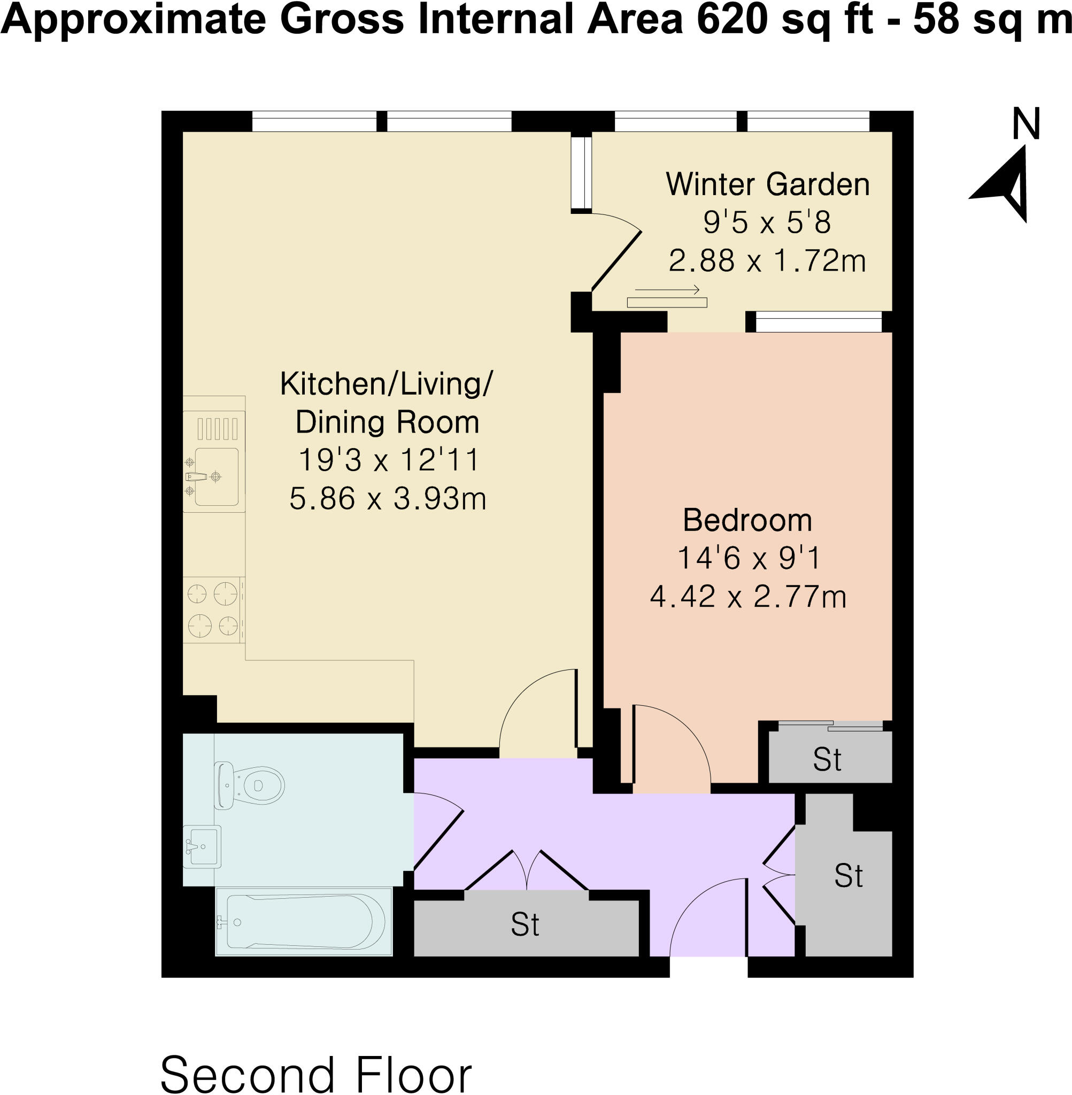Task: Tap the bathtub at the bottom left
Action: (304, 922)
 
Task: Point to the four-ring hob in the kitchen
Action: (213, 610)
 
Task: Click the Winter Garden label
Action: (767, 184)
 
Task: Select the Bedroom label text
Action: (747, 521)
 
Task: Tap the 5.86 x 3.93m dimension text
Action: (387, 499)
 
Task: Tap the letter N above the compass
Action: (1025, 125)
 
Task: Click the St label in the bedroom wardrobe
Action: (827, 759)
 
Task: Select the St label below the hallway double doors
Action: (525, 924)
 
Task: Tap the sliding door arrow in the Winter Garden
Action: (667, 290)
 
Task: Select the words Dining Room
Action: (387, 422)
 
